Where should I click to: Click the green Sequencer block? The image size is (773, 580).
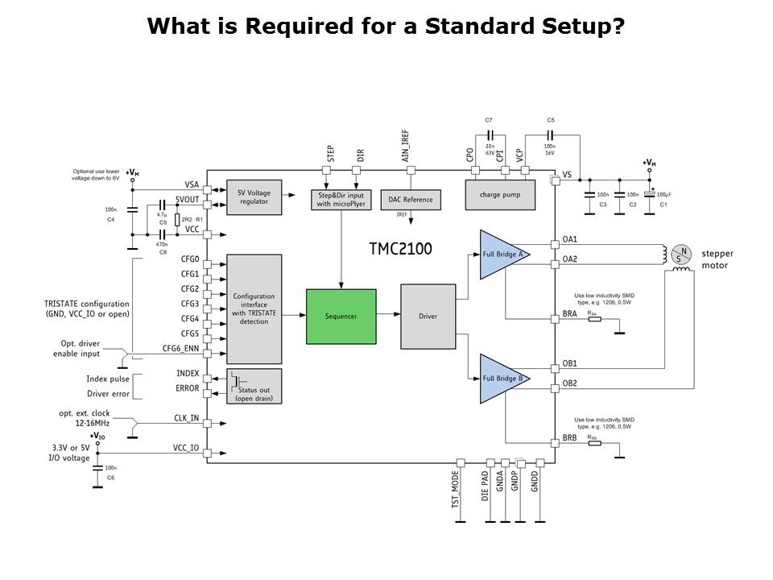point(341,316)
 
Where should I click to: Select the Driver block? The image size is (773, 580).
point(428,316)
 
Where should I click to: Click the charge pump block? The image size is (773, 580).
point(500,194)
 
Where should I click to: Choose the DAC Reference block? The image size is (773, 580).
point(411,199)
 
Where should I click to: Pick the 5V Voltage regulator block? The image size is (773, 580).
point(254,197)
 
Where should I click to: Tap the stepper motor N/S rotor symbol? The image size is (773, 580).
point(681,255)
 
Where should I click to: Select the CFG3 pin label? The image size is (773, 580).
point(190,304)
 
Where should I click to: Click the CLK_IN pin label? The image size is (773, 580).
point(187,419)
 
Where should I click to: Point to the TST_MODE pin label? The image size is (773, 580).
point(455,490)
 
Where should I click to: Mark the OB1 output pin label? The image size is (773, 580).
point(569,363)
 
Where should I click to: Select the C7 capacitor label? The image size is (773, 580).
point(489,120)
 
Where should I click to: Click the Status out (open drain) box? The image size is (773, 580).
point(254,386)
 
